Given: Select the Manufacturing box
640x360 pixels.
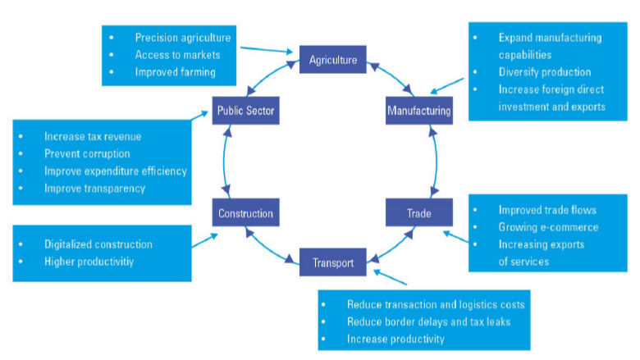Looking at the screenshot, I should (x=418, y=110).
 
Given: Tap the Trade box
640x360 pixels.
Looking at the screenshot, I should (x=418, y=213).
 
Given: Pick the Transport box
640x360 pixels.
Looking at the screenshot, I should (x=333, y=263).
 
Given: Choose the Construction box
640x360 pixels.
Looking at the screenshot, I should (x=245, y=214).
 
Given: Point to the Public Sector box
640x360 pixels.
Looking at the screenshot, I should (x=246, y=110).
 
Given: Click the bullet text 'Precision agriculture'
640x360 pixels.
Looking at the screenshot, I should (x=182, y=38).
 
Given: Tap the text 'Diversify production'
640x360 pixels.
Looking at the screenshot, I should (x=544, y=71).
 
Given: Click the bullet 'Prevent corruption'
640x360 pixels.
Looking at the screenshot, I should (x=86, y=153).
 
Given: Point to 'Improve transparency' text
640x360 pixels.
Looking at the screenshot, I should (x=94, y=188).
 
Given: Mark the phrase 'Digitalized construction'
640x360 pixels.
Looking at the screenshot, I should (x=98, y=244).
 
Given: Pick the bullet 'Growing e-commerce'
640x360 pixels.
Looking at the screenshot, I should (x=548, y=226).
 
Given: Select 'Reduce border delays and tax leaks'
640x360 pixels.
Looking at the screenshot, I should (x=428, y=321).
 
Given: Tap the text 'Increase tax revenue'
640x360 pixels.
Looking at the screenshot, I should (x=93, y=136).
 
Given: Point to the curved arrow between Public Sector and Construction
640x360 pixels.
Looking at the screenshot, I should (x=222, y=162).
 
